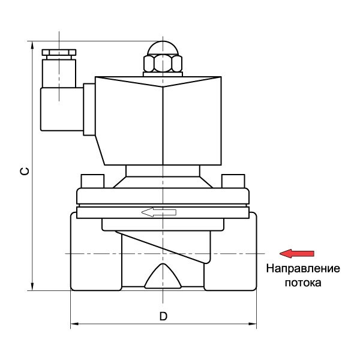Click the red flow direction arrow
(298, 253)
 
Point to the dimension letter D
(163, 316)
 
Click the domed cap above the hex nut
(162, 48)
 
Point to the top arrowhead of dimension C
(31, 45)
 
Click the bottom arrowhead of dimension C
(31, 287)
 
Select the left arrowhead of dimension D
(75, 325)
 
